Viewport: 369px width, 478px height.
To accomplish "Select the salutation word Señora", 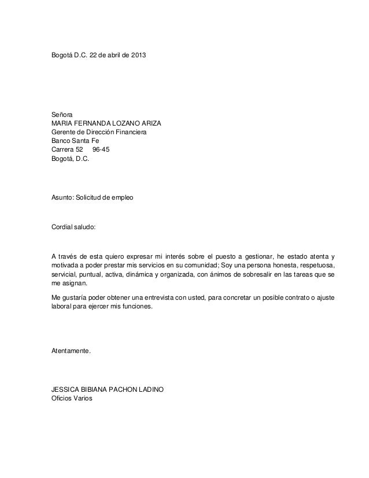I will pyautogui.click(x=62, y=115).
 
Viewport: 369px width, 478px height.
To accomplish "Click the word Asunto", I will pyautogui.click(x=62, y=198).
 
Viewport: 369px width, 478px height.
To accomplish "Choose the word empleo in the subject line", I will pyautogui.click(x=122, y=198).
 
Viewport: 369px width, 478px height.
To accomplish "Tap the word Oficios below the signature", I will pyautogui.click(x=63, y=399).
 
